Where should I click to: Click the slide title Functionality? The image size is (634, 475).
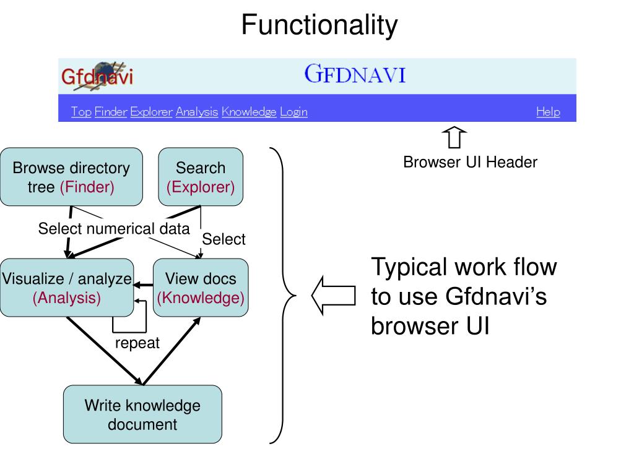(x=319, y=25)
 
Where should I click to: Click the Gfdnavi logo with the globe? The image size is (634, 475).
(x=97, y=75)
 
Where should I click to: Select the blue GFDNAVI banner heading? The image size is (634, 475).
(x=355, y=74)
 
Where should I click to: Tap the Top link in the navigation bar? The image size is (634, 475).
(x=81, y=111)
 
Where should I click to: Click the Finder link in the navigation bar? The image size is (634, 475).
(x=111, y=111)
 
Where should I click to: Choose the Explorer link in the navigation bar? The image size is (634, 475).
(x=151, y=111)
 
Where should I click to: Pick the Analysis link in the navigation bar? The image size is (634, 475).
(x=197, y=111)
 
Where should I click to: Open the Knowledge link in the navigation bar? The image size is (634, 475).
(x=249, y=111)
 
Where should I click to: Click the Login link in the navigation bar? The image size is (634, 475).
(x=294, y=111)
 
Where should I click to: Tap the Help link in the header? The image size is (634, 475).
(x=549, y=111)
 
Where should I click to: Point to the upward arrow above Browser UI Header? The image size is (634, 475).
(x=454, y=137)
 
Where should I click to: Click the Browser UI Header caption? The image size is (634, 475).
(x=471, y=162)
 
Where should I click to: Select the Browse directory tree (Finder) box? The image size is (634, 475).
(x=72, y=177)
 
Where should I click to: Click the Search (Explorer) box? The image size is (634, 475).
(x=201, y=177)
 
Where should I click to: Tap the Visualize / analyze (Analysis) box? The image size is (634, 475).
(x=67, y=288)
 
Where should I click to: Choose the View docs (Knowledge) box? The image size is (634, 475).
(x=201, y=288)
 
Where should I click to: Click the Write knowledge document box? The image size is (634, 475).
(x=143, y=414)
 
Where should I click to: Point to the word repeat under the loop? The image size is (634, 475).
(x=137, y=343)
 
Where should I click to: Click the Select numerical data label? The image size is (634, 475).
(x=114, y=229)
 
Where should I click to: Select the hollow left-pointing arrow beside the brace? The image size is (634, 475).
(x=334, y=296)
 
